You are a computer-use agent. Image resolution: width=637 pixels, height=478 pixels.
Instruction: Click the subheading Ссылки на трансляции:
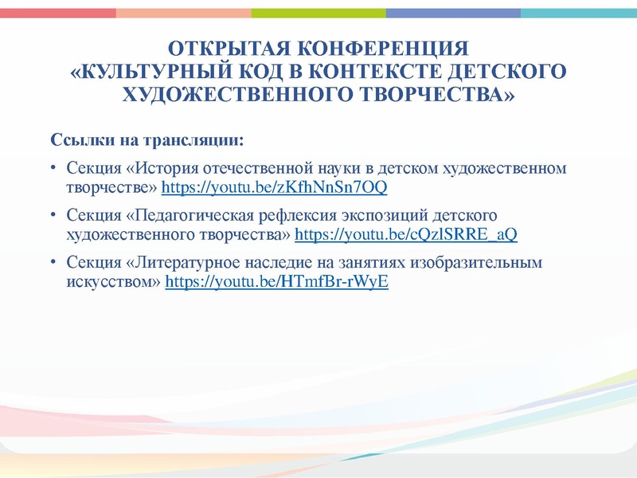[148, 141]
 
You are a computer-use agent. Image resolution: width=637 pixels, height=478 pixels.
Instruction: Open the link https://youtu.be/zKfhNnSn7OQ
[275, 188]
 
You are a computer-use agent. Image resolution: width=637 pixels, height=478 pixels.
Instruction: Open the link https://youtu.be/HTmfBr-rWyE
[276, 282]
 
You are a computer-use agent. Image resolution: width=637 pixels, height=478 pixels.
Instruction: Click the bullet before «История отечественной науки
[52, 169]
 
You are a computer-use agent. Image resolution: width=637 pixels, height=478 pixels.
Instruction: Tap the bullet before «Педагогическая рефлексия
[52, 216]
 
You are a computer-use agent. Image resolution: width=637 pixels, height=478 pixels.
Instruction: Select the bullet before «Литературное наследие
[52, 263]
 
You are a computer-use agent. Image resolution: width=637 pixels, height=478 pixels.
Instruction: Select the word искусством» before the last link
[114, 282]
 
